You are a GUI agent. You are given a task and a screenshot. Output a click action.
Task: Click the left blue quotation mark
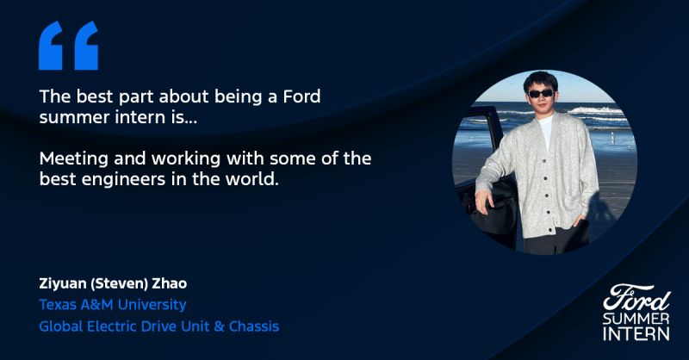[51, 46]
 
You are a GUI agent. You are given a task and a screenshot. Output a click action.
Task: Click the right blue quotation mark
[86, 46]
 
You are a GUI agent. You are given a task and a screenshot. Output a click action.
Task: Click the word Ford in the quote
[301, 96]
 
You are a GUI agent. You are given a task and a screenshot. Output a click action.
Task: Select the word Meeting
[74, 158]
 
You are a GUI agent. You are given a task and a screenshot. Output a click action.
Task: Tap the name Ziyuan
[63, 284]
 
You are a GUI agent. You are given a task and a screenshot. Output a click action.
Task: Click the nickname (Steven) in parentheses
[119, 284]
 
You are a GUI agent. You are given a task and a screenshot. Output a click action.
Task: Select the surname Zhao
[170, 283]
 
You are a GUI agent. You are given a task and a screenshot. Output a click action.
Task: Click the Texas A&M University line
[113, 305]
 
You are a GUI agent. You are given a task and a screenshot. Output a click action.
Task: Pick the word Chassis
[254, 326]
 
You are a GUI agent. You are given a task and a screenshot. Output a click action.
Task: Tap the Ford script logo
[636, 298]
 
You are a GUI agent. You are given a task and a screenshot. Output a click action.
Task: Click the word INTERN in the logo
[636, 333]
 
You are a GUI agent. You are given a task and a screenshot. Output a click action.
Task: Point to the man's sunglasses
[541, 94]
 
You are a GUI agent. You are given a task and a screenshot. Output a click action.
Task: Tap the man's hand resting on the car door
[484, 202]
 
